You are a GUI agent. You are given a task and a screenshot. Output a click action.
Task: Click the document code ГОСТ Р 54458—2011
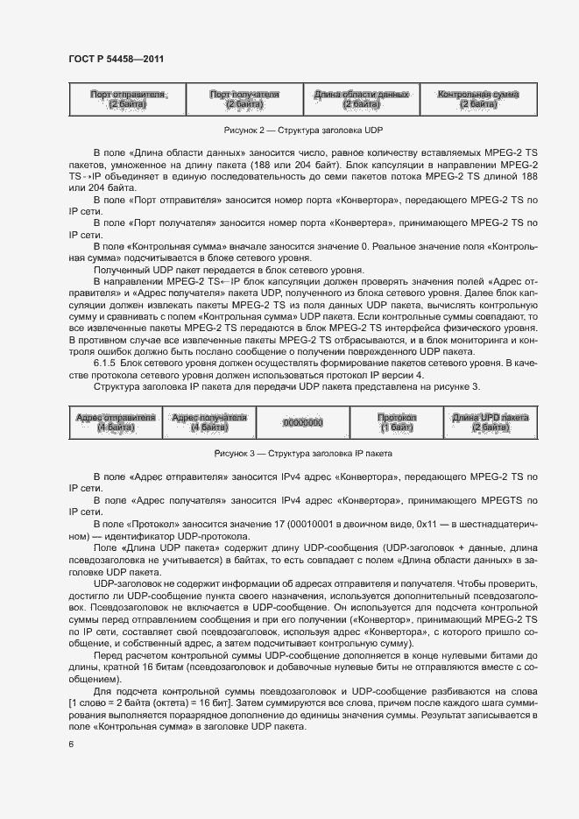[x=117, y=59]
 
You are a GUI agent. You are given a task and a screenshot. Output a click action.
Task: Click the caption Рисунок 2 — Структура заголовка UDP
[x=303, y=130]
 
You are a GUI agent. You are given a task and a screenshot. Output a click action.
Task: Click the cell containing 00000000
[x=303, y=422]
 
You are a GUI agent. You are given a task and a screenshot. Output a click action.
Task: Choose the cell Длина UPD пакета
[x=491, y=422]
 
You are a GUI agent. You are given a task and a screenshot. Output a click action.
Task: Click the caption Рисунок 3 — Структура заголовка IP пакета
[x=303, y=454]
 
